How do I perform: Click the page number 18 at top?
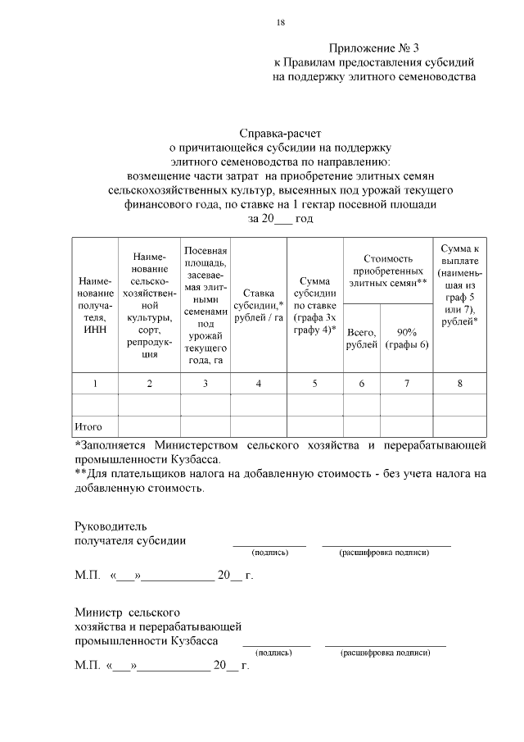click(281, 22)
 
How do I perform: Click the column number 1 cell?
click(95, 383)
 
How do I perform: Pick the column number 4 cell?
click(259, 383)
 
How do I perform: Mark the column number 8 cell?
click(459, 383)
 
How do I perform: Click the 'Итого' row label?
click(88, 426)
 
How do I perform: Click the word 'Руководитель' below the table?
click(111, 526)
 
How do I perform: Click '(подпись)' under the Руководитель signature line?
click(269, 553)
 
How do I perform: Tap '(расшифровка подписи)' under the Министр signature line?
click(386, 653)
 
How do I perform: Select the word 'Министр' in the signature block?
click(97, 612)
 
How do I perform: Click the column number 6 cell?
click(361, 383)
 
